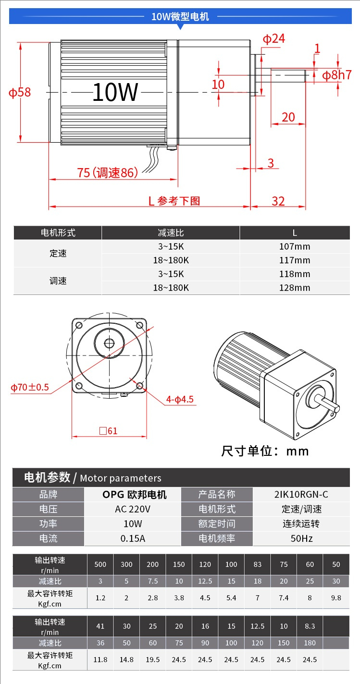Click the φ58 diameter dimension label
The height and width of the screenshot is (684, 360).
(x=20, y=92)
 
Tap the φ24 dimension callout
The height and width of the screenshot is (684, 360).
(x=274, y=39)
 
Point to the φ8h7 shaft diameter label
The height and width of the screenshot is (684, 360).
(x=337, y=75)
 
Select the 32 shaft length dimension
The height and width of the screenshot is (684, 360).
(x=278, y=201)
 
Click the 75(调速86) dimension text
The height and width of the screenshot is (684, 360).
(x=108, y=172)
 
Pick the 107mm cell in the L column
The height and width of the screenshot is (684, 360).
(x=295, y=246)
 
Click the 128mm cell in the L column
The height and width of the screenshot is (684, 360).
(x=295, y=288)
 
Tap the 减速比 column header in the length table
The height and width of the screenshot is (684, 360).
(x=171, y=232)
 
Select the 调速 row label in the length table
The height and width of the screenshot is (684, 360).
(x=58, y=281)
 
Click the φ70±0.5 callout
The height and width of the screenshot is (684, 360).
(x=30, y=388)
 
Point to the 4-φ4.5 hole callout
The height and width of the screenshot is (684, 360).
(x=180, y=400)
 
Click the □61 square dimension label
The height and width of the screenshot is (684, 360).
(x=109, y=431)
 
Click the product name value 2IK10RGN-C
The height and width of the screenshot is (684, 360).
(x=301, y=494)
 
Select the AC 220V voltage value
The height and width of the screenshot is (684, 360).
(x=133, y=509)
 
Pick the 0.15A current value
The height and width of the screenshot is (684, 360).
(x=133, y=538)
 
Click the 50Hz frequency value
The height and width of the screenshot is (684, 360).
(x=301, y=538)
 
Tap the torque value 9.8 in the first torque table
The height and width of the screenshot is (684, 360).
(x=336, y=598)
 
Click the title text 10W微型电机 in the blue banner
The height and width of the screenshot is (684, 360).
(x=180, y=16)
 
